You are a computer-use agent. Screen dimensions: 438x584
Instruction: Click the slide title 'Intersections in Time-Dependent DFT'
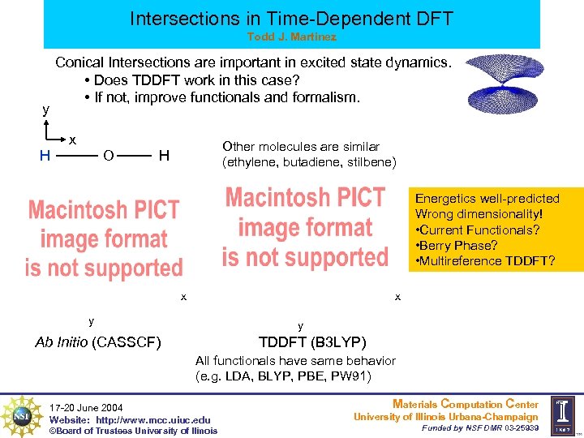(292, 17)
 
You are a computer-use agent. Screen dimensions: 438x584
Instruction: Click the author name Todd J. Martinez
(291, 37)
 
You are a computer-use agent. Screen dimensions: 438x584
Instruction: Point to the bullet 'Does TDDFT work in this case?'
(191, 80)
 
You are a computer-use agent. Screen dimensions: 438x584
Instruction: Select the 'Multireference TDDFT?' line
(485, 260)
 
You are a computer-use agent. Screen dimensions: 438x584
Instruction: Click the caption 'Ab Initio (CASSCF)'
(98, 341)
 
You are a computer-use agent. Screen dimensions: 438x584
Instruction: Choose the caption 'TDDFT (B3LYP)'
(312, 341)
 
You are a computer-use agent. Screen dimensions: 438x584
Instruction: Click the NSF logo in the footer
(21, 414)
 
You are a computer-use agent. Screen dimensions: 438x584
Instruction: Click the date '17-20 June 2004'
(86, 407)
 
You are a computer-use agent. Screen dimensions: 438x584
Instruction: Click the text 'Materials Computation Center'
(465, 404)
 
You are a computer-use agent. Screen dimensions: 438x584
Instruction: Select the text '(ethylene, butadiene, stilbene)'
(309, 162)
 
